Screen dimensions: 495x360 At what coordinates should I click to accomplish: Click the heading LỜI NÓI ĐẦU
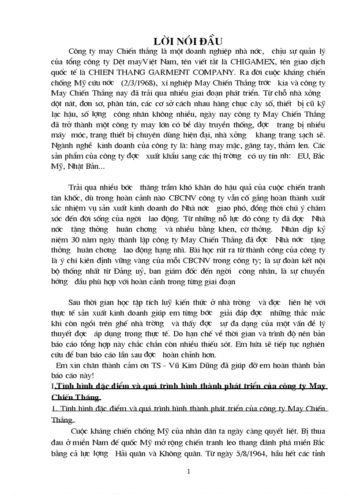point(188,41)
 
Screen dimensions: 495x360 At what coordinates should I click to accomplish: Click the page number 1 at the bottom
point(188,471)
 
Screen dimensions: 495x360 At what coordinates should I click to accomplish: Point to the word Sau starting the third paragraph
point(75,303)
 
